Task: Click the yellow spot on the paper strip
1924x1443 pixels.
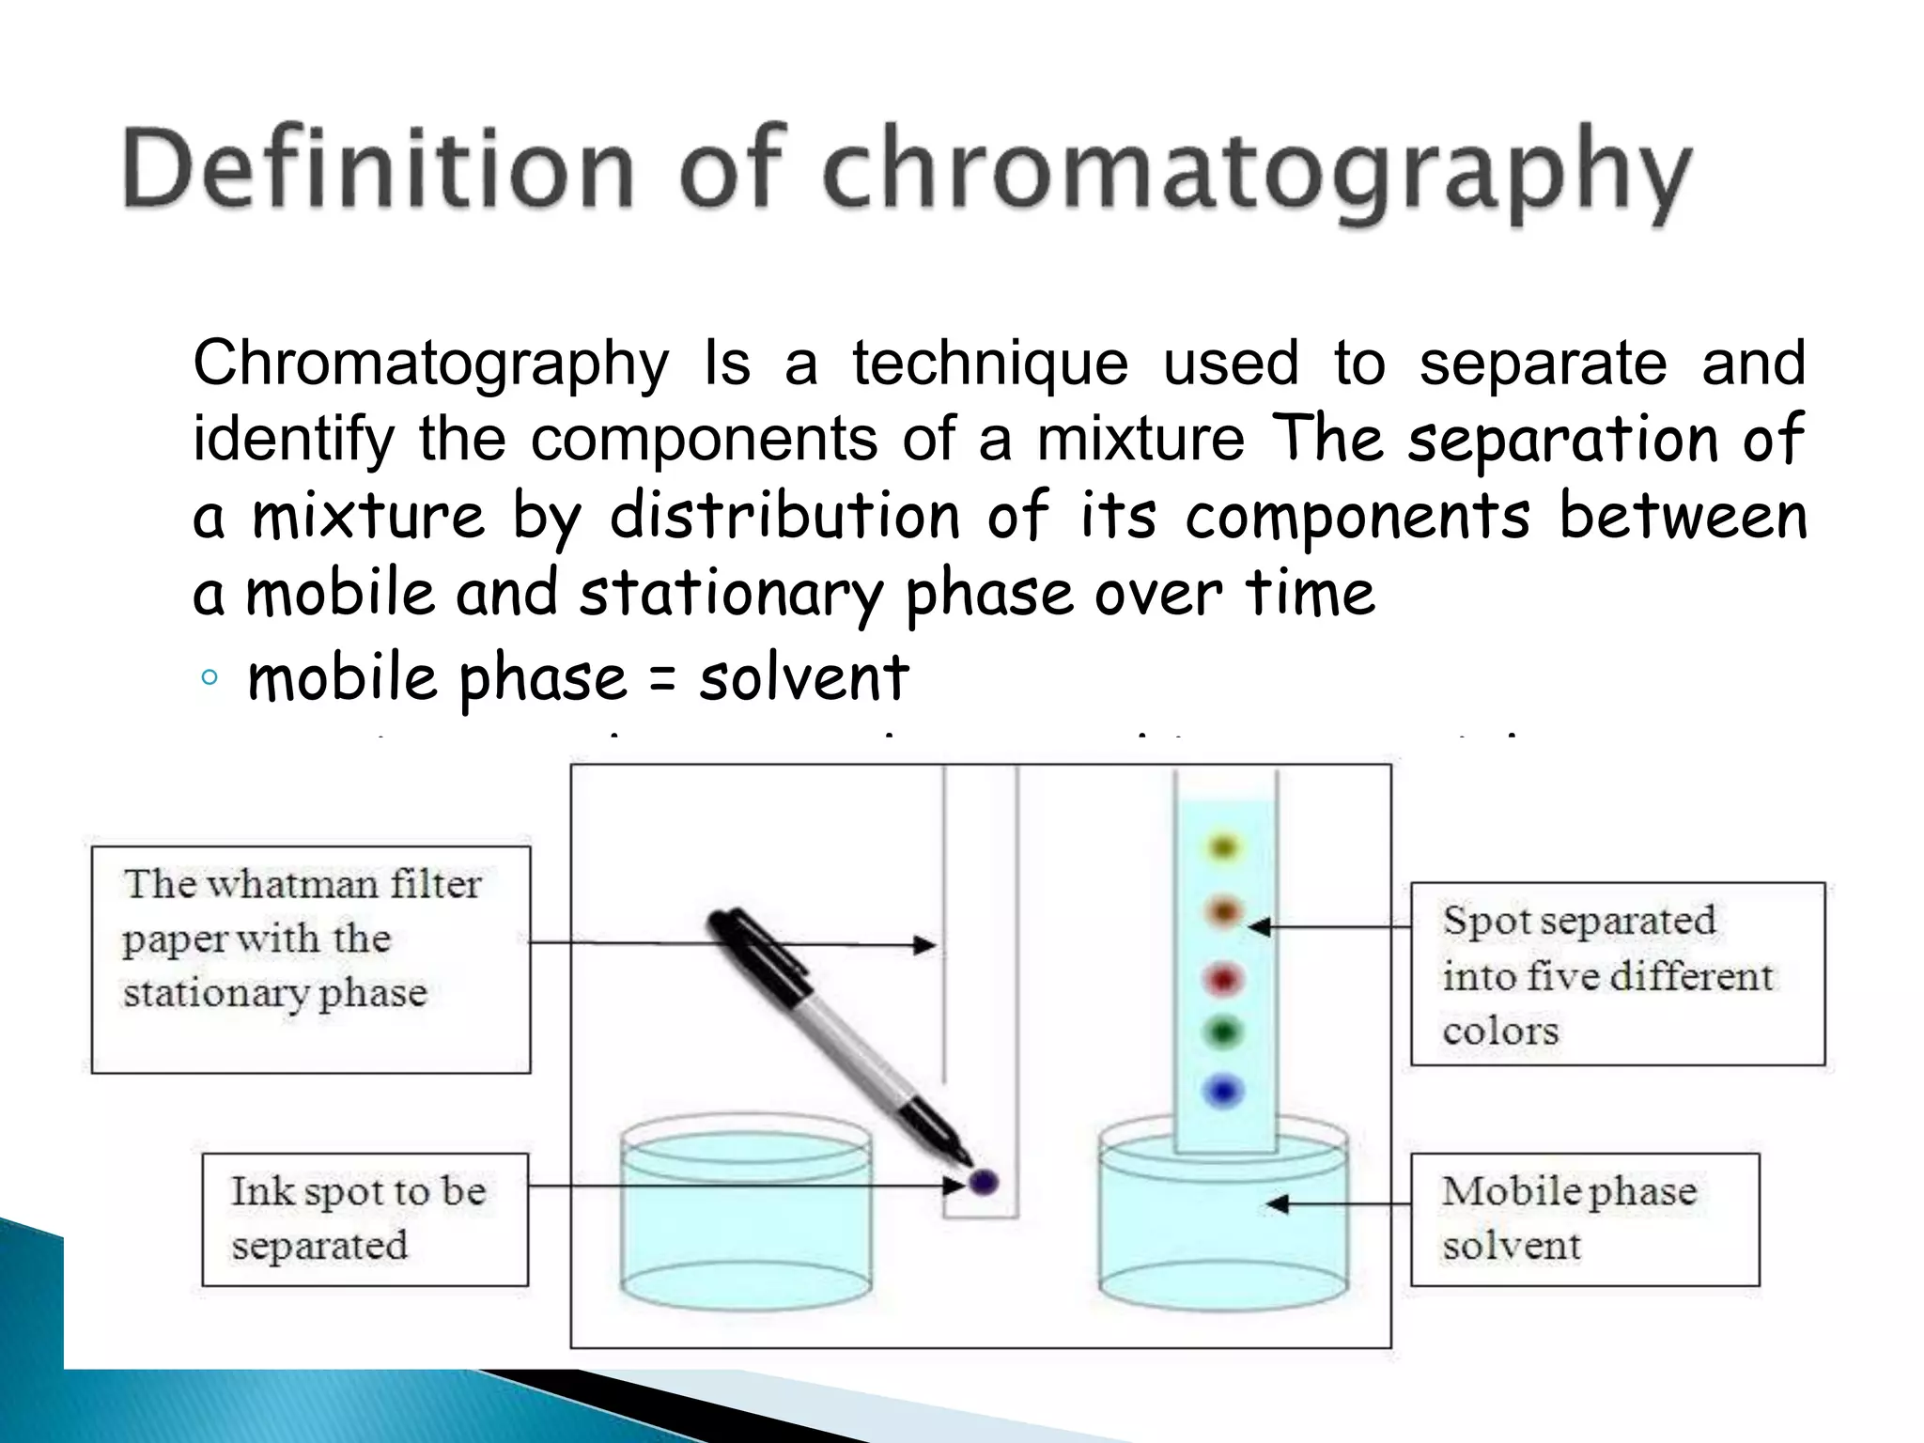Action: [x=1223, y=848]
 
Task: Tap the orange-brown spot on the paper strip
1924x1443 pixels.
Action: [x=1224, y=911]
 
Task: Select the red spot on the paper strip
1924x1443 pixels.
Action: [x=1224, y=980]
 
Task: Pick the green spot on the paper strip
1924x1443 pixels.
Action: [x=1224, y=1033]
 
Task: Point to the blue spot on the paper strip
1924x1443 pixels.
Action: [x=1224, y=1091]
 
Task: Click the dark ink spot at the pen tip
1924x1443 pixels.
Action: [x=983, y=1181]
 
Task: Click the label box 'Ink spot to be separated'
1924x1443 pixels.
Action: [x=365, y=1218]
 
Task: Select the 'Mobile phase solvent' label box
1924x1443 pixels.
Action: [x=1584, y=1218]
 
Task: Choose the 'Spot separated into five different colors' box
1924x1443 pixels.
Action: [x=1617, y=973]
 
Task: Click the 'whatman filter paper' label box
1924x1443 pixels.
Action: [x=311, y=959]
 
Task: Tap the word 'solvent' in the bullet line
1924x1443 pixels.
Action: [x=804, y=677]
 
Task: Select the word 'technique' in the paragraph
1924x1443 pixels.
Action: [x=990, y=364]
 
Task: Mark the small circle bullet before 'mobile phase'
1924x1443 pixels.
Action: [x=209, y=677]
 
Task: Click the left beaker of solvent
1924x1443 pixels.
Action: [x=746, y=1221]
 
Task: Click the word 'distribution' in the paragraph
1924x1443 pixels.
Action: [x=785, y=517]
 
